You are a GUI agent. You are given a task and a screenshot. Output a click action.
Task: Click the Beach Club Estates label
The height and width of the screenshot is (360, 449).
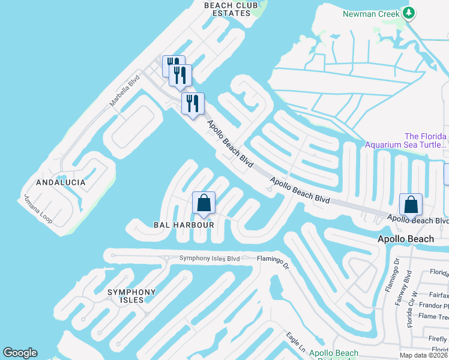pyautogui.click(x=226, y=9)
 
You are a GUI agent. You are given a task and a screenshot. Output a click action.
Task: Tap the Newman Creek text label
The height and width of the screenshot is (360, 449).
pyautogui.click(x=370, y=13)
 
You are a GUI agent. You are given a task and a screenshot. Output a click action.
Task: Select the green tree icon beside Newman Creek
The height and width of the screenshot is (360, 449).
pyautogui.click(x=409, y=13)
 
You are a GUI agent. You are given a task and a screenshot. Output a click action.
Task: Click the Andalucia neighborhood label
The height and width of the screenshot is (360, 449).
pyautogui.click(x=61, y=182)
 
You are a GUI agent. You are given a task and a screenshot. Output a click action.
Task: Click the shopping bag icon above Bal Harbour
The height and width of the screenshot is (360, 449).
pyautogui.click(x=204, y=203)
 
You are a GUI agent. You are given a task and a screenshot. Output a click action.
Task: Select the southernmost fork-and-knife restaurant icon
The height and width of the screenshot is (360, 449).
pyautogui.click(x=193, y=103)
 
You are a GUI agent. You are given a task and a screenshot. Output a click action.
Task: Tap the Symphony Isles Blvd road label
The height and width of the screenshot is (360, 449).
pyautogui.click(x=209, y=259)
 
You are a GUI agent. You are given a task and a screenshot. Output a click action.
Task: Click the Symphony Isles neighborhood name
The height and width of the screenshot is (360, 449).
pyautogui.click(x=131, y=296)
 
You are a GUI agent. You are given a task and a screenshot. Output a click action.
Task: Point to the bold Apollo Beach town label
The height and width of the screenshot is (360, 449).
pyautogui.click(x=405, y=239)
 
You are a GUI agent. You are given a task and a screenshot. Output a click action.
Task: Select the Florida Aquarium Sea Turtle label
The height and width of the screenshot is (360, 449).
pyautogui.click(x=408, y=140)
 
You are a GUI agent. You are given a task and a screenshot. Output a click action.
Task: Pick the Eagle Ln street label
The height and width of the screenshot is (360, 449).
pyautogui.click(x=296, y=343)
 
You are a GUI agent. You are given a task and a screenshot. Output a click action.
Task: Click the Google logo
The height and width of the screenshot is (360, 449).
pyautogui.click(x=20, y=353)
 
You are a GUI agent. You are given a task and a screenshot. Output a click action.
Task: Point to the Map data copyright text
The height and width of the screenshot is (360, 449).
pyautogui.click(x=423, y=355)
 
